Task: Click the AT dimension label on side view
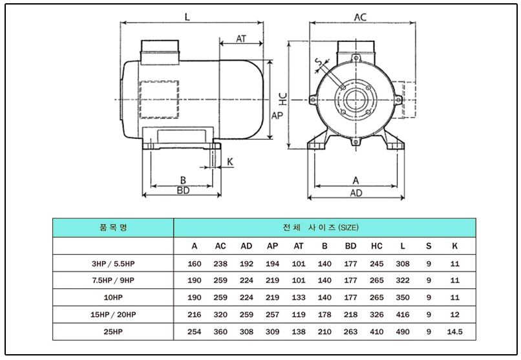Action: [x=241, y=39]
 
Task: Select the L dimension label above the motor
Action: [x=187, y=17]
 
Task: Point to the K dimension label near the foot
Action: [x=230, y=160]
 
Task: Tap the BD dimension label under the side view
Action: [x=183, y=191]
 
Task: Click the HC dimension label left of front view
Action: [x=282, y=98]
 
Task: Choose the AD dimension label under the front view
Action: [x=356, y=193]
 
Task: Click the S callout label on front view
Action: [x=317, y=63]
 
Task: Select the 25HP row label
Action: [x=113, y=332]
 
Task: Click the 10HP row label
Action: [x=113, y=298]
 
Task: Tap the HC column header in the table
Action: [x=377, y=246]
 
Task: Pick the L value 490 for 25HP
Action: [x=403, y=332]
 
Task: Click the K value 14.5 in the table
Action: [x=454, y=332]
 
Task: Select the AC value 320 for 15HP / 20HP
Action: [x=220, y=315]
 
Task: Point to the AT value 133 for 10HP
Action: [x=299, y=298]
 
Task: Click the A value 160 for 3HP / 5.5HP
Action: [x=195, y=264]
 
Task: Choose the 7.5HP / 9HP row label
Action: [x=113, y=281]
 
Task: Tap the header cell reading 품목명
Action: [x=113, y=228]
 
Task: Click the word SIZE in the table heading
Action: [x=348, y=228]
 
